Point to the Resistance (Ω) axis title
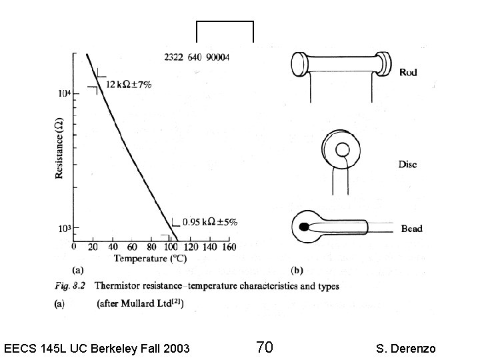click(59, 149)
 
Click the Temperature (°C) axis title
click(149, 258)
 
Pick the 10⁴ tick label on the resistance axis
click(63, 93)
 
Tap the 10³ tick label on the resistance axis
click(63, 229)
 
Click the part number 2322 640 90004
click(197, 58)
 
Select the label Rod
click(408, 72)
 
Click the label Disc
click(408, 164)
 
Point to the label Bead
click(411, 229)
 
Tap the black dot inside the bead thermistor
click(305, 227)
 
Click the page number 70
click(264, 347)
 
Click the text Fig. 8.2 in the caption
click(71, 287)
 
